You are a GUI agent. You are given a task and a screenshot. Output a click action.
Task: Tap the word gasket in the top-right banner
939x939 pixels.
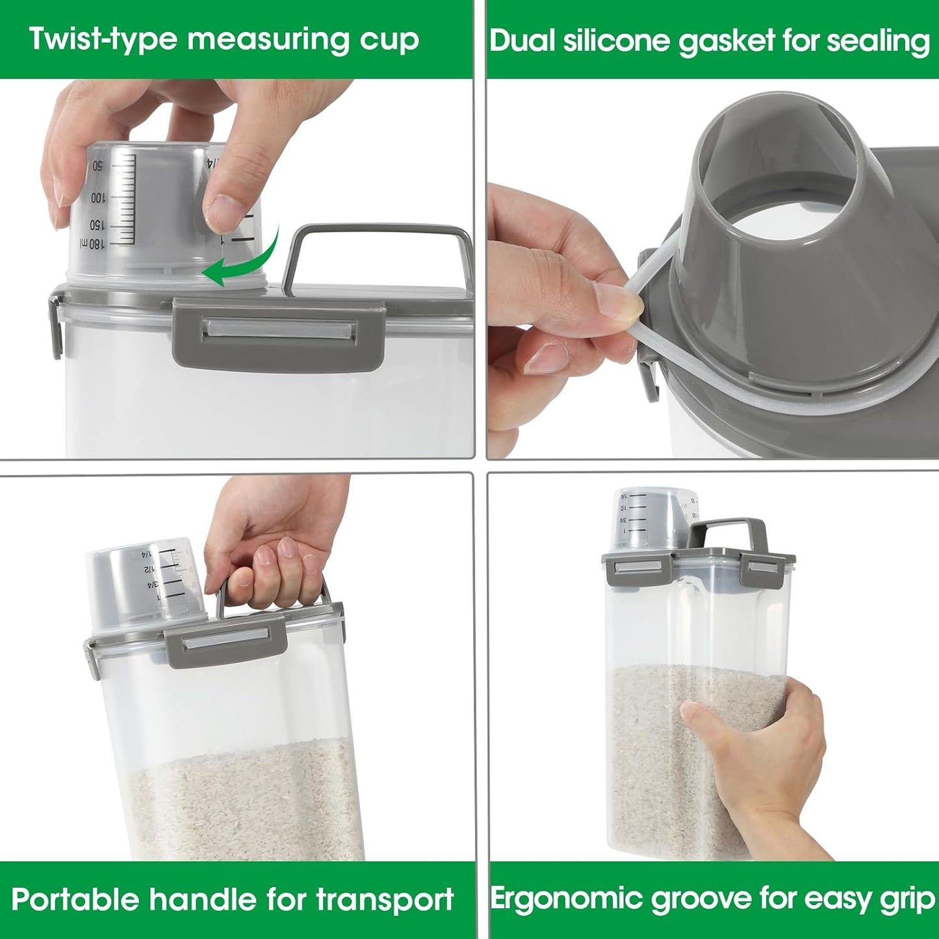727,41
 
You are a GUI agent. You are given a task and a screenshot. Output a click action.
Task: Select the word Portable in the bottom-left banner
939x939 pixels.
75,900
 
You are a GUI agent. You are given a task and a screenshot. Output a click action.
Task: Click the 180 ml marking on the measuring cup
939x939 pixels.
92,244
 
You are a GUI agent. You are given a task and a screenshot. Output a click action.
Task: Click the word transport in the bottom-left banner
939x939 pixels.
385,900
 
